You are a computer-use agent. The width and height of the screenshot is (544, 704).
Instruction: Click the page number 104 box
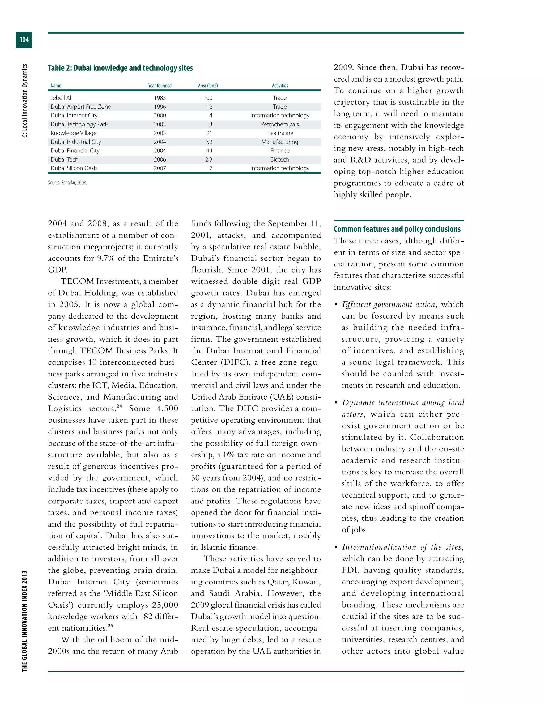click(24, 40)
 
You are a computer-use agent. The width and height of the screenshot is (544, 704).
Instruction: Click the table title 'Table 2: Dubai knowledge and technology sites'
click(120, 68)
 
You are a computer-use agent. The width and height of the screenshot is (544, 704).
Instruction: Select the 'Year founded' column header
click(160, 86)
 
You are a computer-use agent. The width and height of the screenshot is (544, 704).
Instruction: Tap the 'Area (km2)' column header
click(208, 86)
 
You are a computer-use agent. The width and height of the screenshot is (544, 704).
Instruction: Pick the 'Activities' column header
click(280, 86)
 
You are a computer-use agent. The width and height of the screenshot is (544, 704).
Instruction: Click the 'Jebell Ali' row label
click(62, 98)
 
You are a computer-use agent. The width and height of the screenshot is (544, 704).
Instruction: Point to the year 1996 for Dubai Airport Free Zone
click(160, 107)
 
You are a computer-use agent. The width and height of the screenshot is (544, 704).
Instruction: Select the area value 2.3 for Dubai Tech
click(209, 160)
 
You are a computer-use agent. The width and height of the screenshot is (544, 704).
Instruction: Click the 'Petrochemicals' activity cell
click(280, 124)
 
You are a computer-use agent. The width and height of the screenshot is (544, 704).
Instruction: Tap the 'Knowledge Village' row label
click(74, 133)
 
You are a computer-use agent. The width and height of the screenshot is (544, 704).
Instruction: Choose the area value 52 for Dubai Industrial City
click(209, 142)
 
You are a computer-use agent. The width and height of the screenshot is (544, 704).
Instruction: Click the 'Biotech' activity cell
click(280, 160)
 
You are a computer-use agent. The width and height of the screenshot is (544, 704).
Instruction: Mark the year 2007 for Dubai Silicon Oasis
click(160, 168)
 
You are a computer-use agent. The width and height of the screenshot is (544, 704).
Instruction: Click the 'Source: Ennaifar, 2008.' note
click(67, 183)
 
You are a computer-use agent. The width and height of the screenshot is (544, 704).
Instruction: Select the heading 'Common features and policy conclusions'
click(397, 229)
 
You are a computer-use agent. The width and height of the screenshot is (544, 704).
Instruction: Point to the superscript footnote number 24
click(119, 406)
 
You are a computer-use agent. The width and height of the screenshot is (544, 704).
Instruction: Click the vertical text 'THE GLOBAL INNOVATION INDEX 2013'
click(24, 621)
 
